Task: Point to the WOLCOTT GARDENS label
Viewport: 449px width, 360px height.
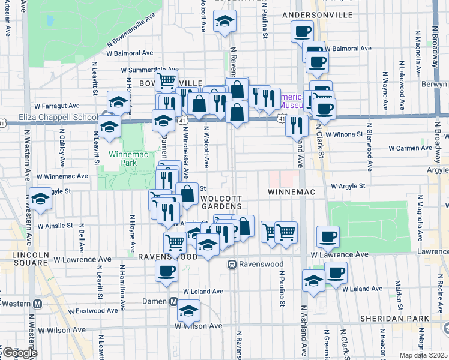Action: tap(221, 203)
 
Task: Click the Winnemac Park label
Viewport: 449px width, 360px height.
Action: tap(124, 158)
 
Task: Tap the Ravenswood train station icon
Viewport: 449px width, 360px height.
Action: tap(231, 264)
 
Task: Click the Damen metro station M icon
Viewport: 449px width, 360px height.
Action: tap(173, 301)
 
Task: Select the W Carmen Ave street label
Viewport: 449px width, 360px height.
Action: tap(411, 148)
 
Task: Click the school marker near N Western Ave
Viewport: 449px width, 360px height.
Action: tap(40, 199)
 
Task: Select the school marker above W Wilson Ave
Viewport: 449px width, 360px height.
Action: tap(189, 310)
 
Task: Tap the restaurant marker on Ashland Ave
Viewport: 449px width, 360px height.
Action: tap(296, 125)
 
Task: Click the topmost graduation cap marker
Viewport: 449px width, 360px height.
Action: tap(225, 23)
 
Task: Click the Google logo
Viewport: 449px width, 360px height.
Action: tap(19, 353)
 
